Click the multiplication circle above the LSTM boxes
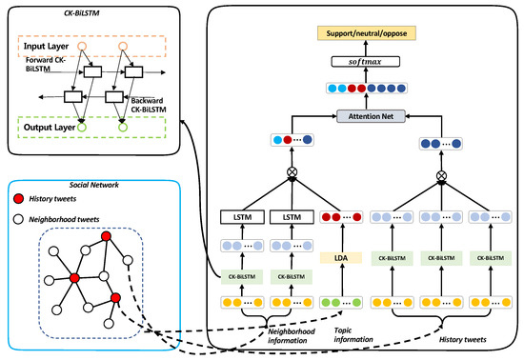pos(281,175)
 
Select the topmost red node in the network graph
pos(108,236)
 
